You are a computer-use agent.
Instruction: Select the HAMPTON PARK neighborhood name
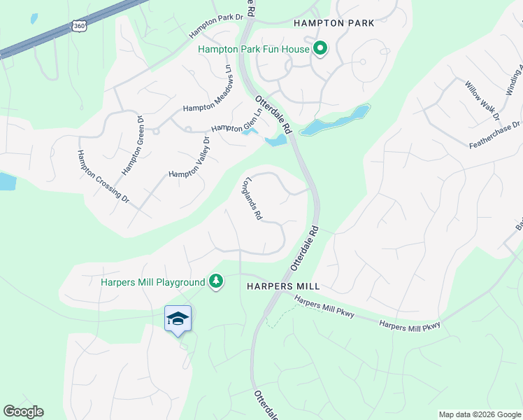click(x=334, y=23)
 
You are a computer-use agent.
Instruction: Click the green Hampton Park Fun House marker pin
click(x=320, y=48)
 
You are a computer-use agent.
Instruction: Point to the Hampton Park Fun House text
click(x=254, y=49)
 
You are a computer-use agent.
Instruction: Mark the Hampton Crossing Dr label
click(x=103, y=177)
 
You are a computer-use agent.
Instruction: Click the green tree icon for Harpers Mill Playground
click(x=217, y=281)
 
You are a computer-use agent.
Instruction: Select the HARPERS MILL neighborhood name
click(x=283, y=286)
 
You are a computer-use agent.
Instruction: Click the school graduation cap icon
click(x=178, y=318)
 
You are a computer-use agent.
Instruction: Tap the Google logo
click(x=23, y=412)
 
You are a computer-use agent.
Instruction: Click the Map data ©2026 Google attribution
click(x=479, y=414)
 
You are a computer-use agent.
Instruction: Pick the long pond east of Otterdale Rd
click(x=336, y=120)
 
